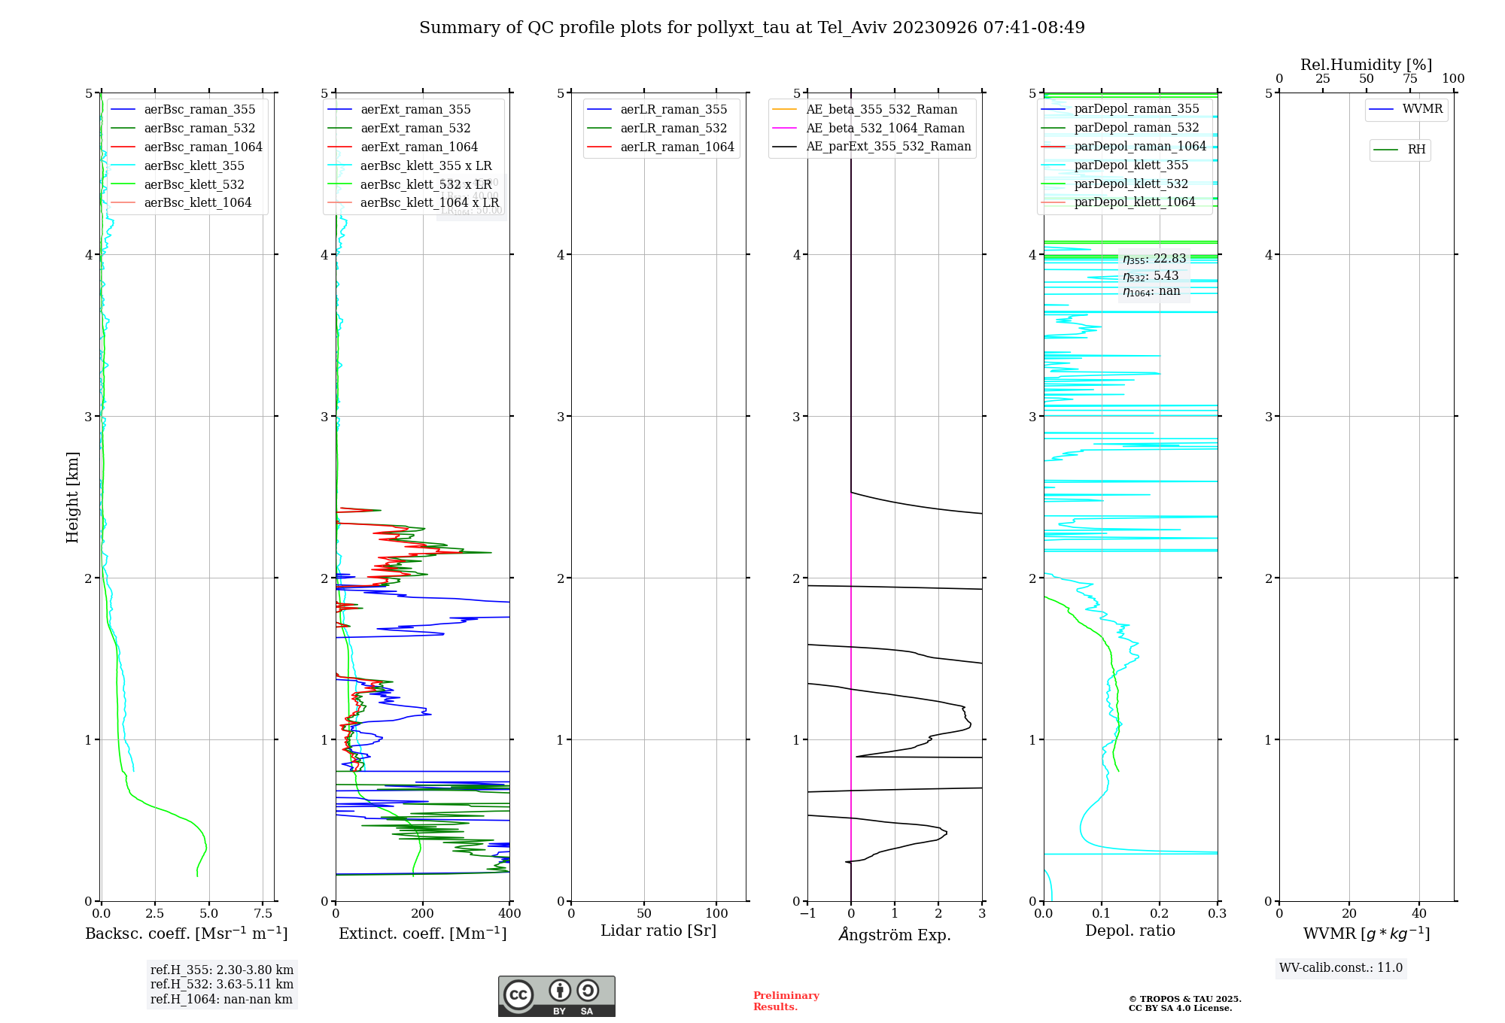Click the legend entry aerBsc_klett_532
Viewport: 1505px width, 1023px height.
pos(193,184)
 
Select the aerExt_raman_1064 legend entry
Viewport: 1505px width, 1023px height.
pos(418,147)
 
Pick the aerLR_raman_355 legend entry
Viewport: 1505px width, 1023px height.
pos(673,109)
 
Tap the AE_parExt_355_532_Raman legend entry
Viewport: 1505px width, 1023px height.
pos(888,146)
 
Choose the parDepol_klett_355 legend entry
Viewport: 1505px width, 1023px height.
pos(1130,165)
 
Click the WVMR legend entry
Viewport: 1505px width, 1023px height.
pos(1421,109)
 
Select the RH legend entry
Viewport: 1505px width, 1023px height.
pos(1415,150)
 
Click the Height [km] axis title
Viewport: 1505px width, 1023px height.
pos(72,497)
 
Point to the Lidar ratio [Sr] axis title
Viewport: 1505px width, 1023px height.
pos(658,930)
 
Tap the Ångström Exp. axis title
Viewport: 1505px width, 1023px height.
pos(894,934)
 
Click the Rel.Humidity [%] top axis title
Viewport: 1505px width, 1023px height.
pos(1366,65)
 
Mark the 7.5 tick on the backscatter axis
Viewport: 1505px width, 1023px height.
pos(263,913)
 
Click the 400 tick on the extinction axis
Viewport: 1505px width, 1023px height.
pos(509,913)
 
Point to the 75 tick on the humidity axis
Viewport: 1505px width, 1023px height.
pos(1409,79)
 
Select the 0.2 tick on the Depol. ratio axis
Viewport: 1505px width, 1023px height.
pos(1160,913)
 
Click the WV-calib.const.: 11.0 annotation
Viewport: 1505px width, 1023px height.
pos(1340,967)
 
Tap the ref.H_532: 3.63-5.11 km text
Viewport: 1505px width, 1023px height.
pos(221,984)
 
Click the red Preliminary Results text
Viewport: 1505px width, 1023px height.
pos(786,1000)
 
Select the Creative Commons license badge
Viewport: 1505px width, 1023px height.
pos(556,996)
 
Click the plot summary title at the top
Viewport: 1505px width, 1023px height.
pos(752,28)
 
